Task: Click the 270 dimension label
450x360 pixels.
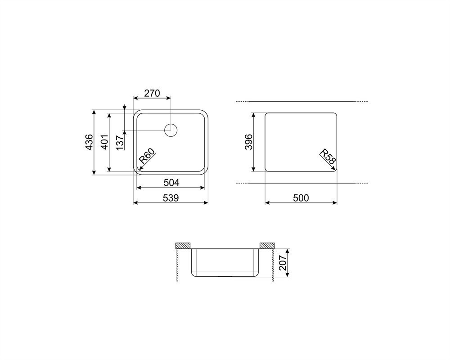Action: click(x=152, y=93)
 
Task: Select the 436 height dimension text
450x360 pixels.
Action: click(x=89, y=142)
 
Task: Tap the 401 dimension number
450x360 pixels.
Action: click(x=104, y=142)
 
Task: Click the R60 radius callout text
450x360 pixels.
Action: click(x=147, y=156)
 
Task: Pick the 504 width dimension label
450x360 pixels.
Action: click(x=171, y=182)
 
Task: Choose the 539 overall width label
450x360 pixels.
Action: click(x=171, y=198)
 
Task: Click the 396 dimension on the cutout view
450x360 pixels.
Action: click(x=248, y=142)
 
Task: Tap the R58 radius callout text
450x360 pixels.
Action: click(x=328, y=157)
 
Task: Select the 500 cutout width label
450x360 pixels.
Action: click(x=301, y=198)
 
